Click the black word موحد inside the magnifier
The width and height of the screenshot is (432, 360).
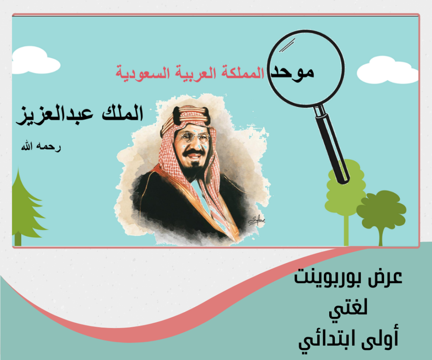coord(292,73)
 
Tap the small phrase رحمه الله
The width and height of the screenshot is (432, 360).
coord(41,147)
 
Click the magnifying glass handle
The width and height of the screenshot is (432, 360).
coord(332,145)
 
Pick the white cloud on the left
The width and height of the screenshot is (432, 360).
coord(35,61)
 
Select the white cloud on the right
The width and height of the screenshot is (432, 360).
coord(388,70)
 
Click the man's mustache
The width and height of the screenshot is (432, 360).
coord(194,153)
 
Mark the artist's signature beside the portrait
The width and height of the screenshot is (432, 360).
coord(257,220)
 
